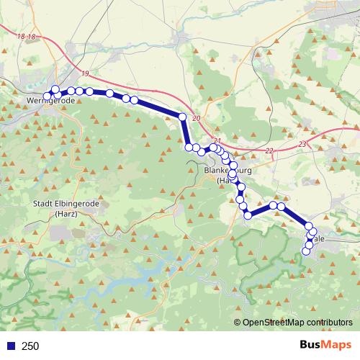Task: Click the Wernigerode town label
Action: [x=50, y=102]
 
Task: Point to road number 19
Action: [x=86, y=74]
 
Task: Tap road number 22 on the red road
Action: [x=269, y=150]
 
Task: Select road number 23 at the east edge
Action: [x=302, y=144]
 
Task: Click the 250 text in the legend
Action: [x=30, y=346]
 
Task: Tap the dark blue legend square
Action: [x=11, y=346]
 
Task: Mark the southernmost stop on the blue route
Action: [x=306, y=251]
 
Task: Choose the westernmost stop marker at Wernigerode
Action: [x=48, y=96]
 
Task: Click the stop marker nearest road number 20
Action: [x=183, y=117]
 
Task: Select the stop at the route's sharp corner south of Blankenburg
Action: [x=248, y=215]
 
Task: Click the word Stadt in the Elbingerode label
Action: [x=42, y=204]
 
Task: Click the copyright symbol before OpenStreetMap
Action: [x=238, y=323]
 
